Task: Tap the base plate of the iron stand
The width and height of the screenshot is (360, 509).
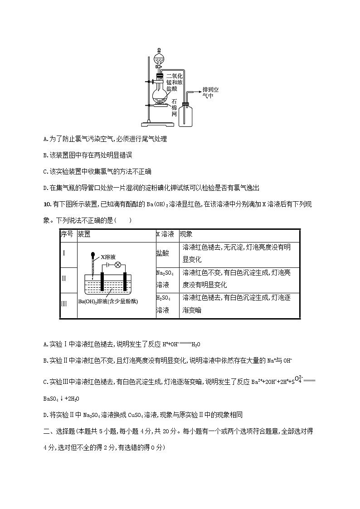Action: (x=153, y=123)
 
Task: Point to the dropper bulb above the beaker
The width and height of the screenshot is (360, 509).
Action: (x=93, y=255)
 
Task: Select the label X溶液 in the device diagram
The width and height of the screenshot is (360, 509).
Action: (x=108, y=257)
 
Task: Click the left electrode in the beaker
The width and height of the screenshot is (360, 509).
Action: (x=103, y=281)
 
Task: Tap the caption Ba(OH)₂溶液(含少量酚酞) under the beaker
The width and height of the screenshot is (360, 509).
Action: (x=108, y=301)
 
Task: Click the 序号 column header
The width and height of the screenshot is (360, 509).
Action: (x=67, y=235)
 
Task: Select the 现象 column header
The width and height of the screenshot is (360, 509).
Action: (x=186, y=235)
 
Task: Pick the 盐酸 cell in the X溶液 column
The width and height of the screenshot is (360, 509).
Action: (x=162, y=253)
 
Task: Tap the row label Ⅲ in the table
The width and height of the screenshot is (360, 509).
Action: (x=64, y=303)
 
